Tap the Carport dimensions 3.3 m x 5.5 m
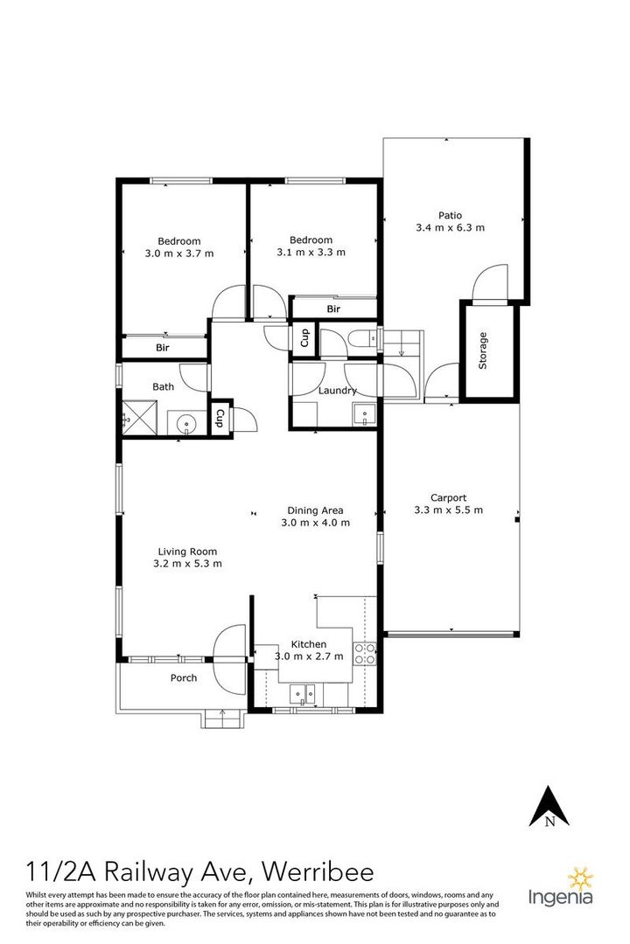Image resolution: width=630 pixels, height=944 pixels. coord(448,510)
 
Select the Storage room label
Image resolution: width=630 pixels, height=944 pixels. coord(482,351)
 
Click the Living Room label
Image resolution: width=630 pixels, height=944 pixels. coord(186,551)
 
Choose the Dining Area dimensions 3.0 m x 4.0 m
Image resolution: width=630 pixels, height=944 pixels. coord(315,523)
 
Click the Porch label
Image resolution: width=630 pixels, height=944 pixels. coord(183,677)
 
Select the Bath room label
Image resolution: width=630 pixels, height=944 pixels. coord(163,386)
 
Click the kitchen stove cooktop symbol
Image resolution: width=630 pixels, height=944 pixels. coord(364,651)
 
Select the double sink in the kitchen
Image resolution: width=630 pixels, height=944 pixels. coord(304,695)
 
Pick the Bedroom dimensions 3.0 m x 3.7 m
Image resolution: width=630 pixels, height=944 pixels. coord(178,253)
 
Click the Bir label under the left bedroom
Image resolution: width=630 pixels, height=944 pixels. coord(163,348)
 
